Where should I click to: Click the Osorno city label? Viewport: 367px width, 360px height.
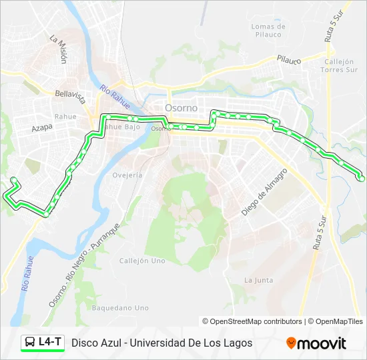click(181, 108)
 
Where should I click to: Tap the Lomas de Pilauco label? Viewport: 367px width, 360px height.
click(268, 31)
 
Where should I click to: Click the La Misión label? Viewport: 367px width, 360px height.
click(59, 49)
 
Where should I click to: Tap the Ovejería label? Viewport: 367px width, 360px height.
click(127, 175)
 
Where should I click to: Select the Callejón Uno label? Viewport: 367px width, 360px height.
click(142, 261)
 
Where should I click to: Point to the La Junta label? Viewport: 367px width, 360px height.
click(258, 280)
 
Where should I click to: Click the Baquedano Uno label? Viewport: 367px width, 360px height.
click(120, 308)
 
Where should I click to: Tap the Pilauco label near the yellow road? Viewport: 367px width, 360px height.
click(290, 60)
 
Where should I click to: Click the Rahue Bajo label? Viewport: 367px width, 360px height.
click(122, 126)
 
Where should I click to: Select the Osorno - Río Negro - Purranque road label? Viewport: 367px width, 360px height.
click(83, 265)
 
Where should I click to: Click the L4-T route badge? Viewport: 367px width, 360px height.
click(43, 343)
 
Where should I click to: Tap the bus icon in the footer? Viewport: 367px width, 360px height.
click(31, 343)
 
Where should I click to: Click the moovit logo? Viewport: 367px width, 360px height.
click(316, 343)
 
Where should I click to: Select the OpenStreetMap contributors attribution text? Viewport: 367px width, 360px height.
click(256, 321)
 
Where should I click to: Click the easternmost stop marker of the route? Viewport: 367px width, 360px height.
click(362, 178)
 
